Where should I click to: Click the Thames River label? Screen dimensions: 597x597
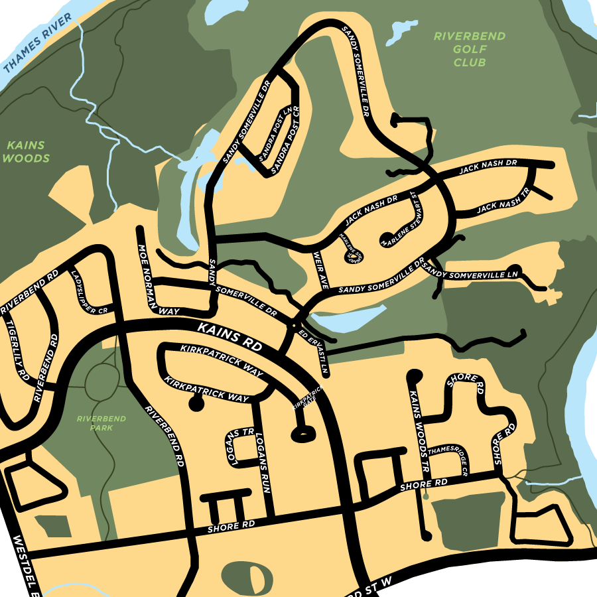click(37, 42)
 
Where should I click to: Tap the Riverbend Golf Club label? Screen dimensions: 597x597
click(470, 49)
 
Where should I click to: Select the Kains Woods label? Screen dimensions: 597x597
click(27, 152)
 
